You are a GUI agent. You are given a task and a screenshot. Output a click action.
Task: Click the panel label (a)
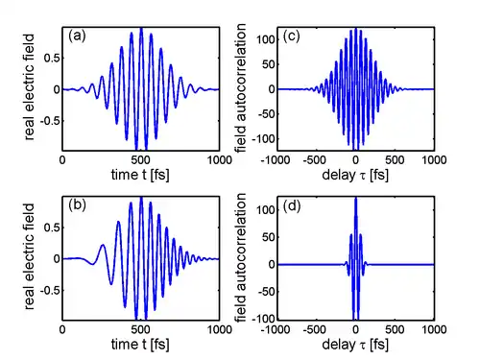pyautogui.click(x=77, y=36)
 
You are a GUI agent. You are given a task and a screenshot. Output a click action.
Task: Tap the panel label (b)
pyautogui.click(x=77, y=205)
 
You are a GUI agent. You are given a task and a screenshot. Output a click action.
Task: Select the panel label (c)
pyautogui.click(x=291, y=36)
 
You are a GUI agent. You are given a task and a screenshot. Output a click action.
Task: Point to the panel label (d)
pyautogui.click(x=292, y=206)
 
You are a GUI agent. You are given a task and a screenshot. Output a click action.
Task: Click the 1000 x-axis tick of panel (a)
pyautogui.click(x=220, y=159)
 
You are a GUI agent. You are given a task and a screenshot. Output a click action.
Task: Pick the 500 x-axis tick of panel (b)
pyautogui.click(x=141, y=329)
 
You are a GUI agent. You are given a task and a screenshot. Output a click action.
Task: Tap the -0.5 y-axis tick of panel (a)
pyautogui.click(x=50, y=121)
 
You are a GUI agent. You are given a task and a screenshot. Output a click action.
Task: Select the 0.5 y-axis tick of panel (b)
pyautogui.click(x=52, y=228)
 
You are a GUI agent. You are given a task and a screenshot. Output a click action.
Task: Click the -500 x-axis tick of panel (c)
pyautogui.click(x=314, y=159)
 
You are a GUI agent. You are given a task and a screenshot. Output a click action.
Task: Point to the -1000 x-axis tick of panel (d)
pyautogui.click(x=276, y=329)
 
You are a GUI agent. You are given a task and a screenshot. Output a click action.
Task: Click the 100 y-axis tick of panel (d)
pyautogui.click(x=266, y=210)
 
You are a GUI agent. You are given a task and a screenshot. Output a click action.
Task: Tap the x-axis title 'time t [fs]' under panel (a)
pyautogui.click(x=140, y=175)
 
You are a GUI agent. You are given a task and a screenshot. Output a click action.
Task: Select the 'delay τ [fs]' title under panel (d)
pyautogui.click(x=355, y=345)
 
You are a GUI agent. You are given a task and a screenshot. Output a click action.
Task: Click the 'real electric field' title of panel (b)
pyautogui.click(x=29, y=256)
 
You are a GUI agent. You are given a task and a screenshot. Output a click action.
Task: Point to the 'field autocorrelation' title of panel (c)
pyautogui.click(x=241, y=87)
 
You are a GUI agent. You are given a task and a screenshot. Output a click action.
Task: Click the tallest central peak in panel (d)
pyautogui.click(x=356, y=199)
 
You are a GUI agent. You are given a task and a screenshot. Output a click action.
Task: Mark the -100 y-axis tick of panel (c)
pyautogui.click(x=264, y=139)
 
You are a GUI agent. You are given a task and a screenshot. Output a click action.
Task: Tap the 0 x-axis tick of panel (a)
pyautogui.click(x=62, y=159)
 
